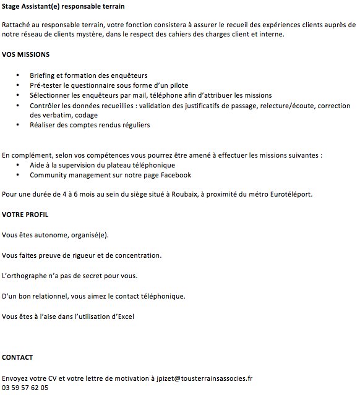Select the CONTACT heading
pos(17,357)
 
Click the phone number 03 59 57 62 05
pos(25,388)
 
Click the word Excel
pos(123,316)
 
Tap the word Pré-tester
pos(46,85)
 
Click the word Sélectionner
pos(51,95)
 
